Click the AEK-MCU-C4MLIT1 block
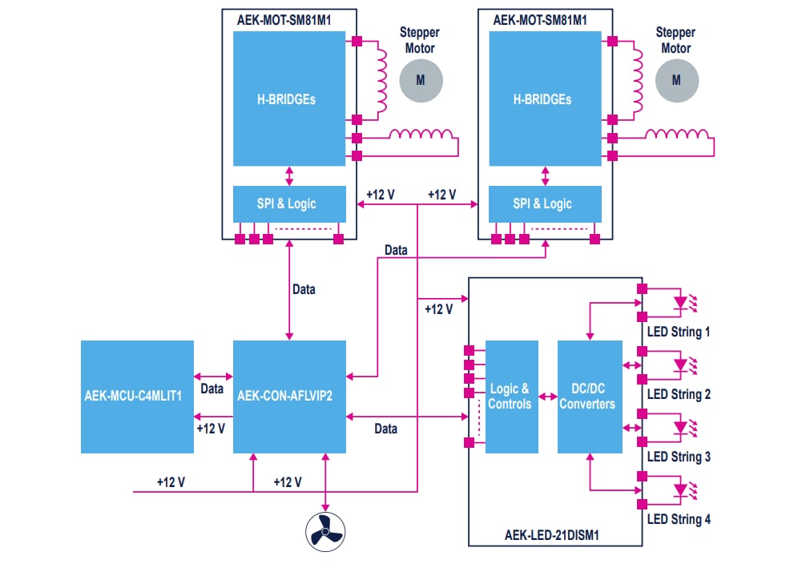pyautogui.click(x=137, y=396)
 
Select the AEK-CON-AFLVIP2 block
pyautogui.click(x=289, y=396)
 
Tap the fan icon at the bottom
pyautogui.click(x=325, y=530)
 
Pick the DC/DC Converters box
pyautogui.click(x=590, y=396)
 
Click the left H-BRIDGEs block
pyautogui.click(x=289, y=99)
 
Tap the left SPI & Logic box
pyautogui.click(x=289, y=203)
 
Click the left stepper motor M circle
pyautogui.click(x=421, y=80)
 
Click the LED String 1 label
pyautogui.click(x=678, y=332)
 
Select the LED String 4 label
pyautogui.click(x=678, y=519)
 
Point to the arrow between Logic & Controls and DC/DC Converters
pyautogui.click(x=548, y=396)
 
